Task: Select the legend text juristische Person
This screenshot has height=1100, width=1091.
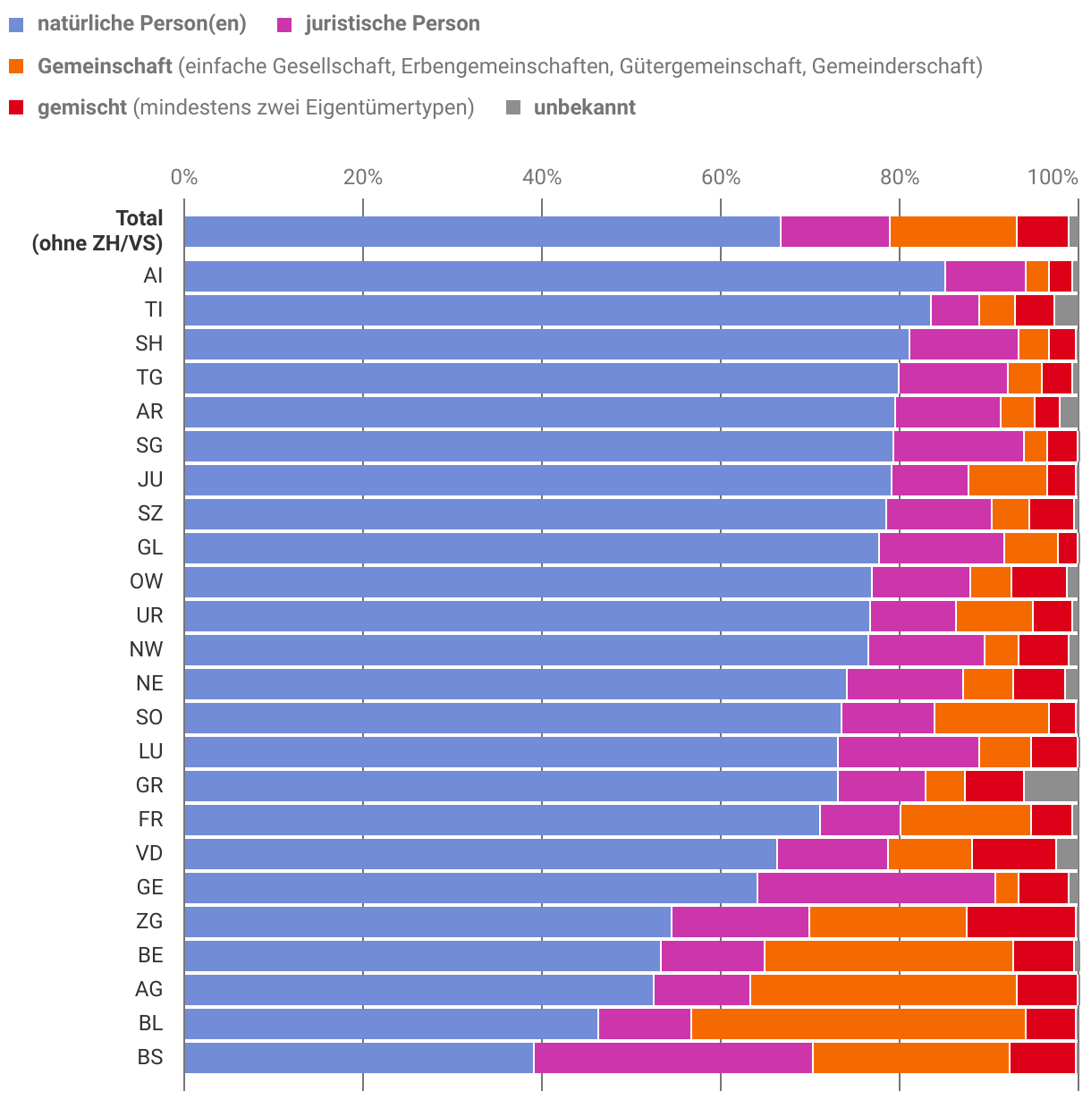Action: (x=392, y=24)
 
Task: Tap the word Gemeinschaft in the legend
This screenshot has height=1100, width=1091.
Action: (x=105, y=66)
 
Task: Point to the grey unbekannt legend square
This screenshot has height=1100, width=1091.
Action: (x=513, y=108)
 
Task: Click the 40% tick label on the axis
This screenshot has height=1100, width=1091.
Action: (x=542, y=177)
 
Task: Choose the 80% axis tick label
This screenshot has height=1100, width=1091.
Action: (x=900, y=177)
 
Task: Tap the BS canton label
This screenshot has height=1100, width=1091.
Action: (x=150, y=1057)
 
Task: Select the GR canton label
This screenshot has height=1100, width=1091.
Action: (x=149, y=785)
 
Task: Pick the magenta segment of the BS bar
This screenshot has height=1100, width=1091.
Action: (x=672, y=1057)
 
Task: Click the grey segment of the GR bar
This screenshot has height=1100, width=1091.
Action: (x=1051, y=785)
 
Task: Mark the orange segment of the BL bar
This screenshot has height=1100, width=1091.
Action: (x=858, y=1023)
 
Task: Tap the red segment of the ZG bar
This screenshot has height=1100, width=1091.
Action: (x=1020, y=921)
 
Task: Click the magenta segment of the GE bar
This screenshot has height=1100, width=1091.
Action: (x=875, y=887)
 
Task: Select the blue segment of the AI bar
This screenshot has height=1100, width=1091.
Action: (x=563, y=275)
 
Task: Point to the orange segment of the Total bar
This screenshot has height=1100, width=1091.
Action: (x=952, y=231)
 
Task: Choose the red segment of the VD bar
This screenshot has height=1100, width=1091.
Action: (x=1013, y=853)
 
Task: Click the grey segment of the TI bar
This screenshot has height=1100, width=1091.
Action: (x=1066, y=309)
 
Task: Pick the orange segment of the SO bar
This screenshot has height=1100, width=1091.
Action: (x=991, y=717)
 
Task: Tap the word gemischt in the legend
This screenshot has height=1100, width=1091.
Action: (x=82, y=108)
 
